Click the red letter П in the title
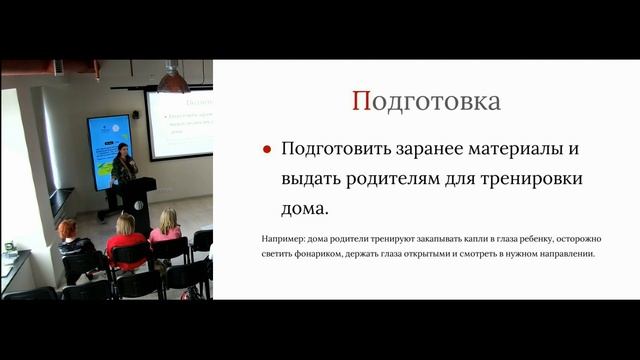361,101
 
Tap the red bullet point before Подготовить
267,149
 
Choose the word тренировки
533,180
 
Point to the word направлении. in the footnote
566,254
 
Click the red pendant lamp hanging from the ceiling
173,82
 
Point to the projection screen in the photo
181,124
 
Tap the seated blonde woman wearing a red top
126,238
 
